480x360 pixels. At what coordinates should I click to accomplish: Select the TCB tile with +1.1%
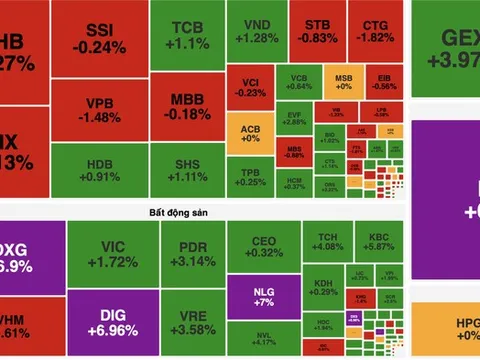pyautogui.click(x=186, y=36)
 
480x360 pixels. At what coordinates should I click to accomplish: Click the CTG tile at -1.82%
pyautogui.click(x=374, y=31)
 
